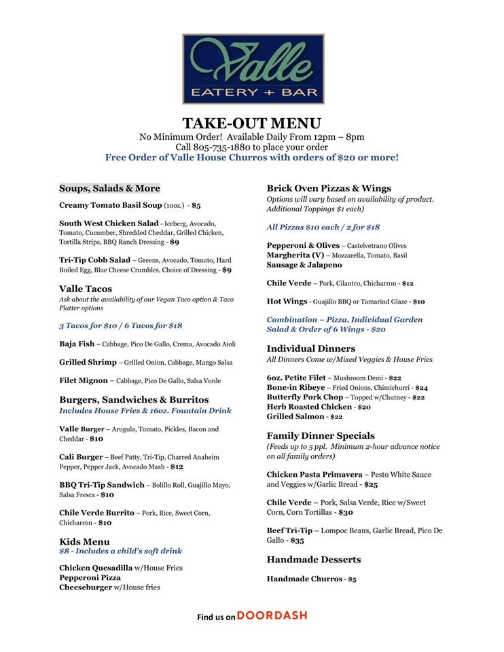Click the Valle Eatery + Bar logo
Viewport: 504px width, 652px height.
pyautogui.click(x=253, y=69)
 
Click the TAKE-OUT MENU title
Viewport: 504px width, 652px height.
pyautogui.click(x=251, y=123)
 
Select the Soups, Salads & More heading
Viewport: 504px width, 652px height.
pyautogui.click(x=109, y=188)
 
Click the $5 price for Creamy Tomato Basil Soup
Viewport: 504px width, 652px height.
pyautogui.click(x=196, y=204)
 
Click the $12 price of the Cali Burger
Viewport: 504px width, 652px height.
pyautogui.click(x=177, y=467)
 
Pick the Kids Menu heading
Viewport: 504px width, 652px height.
pyautogui.click(x=84, y=541)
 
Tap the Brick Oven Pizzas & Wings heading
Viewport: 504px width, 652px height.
pyautogui.click(x=329, y=188)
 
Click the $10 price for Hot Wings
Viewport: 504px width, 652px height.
pyautogui.click(x=418, y=302)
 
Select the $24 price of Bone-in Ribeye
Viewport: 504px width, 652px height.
pyautogui.click(x=421, y=388)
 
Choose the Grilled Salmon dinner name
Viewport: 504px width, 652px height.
pyautogui.click(x=296, y=416)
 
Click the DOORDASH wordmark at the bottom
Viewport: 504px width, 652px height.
pyautogui.click(x=272, y=615)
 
